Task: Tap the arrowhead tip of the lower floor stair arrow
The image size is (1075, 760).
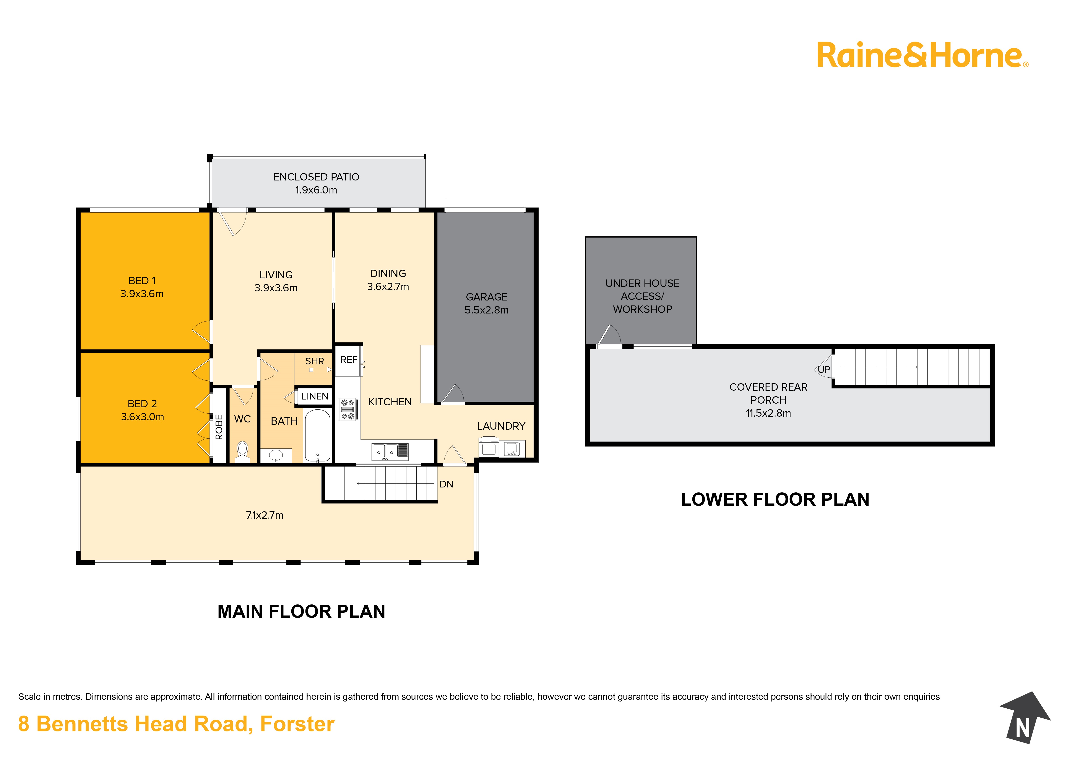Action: tap(918, 367)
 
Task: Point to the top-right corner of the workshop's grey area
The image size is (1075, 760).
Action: tap(696, 237)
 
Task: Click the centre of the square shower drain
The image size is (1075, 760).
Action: tap(311, 370)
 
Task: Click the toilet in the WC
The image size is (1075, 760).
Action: tap(242, 452)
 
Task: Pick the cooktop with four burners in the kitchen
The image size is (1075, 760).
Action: tap(348, 409)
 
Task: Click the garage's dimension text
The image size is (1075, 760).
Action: tap(486, 310)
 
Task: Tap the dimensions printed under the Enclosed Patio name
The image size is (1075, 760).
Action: tap(316, 190)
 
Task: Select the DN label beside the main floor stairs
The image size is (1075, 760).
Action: tap(446, 484)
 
